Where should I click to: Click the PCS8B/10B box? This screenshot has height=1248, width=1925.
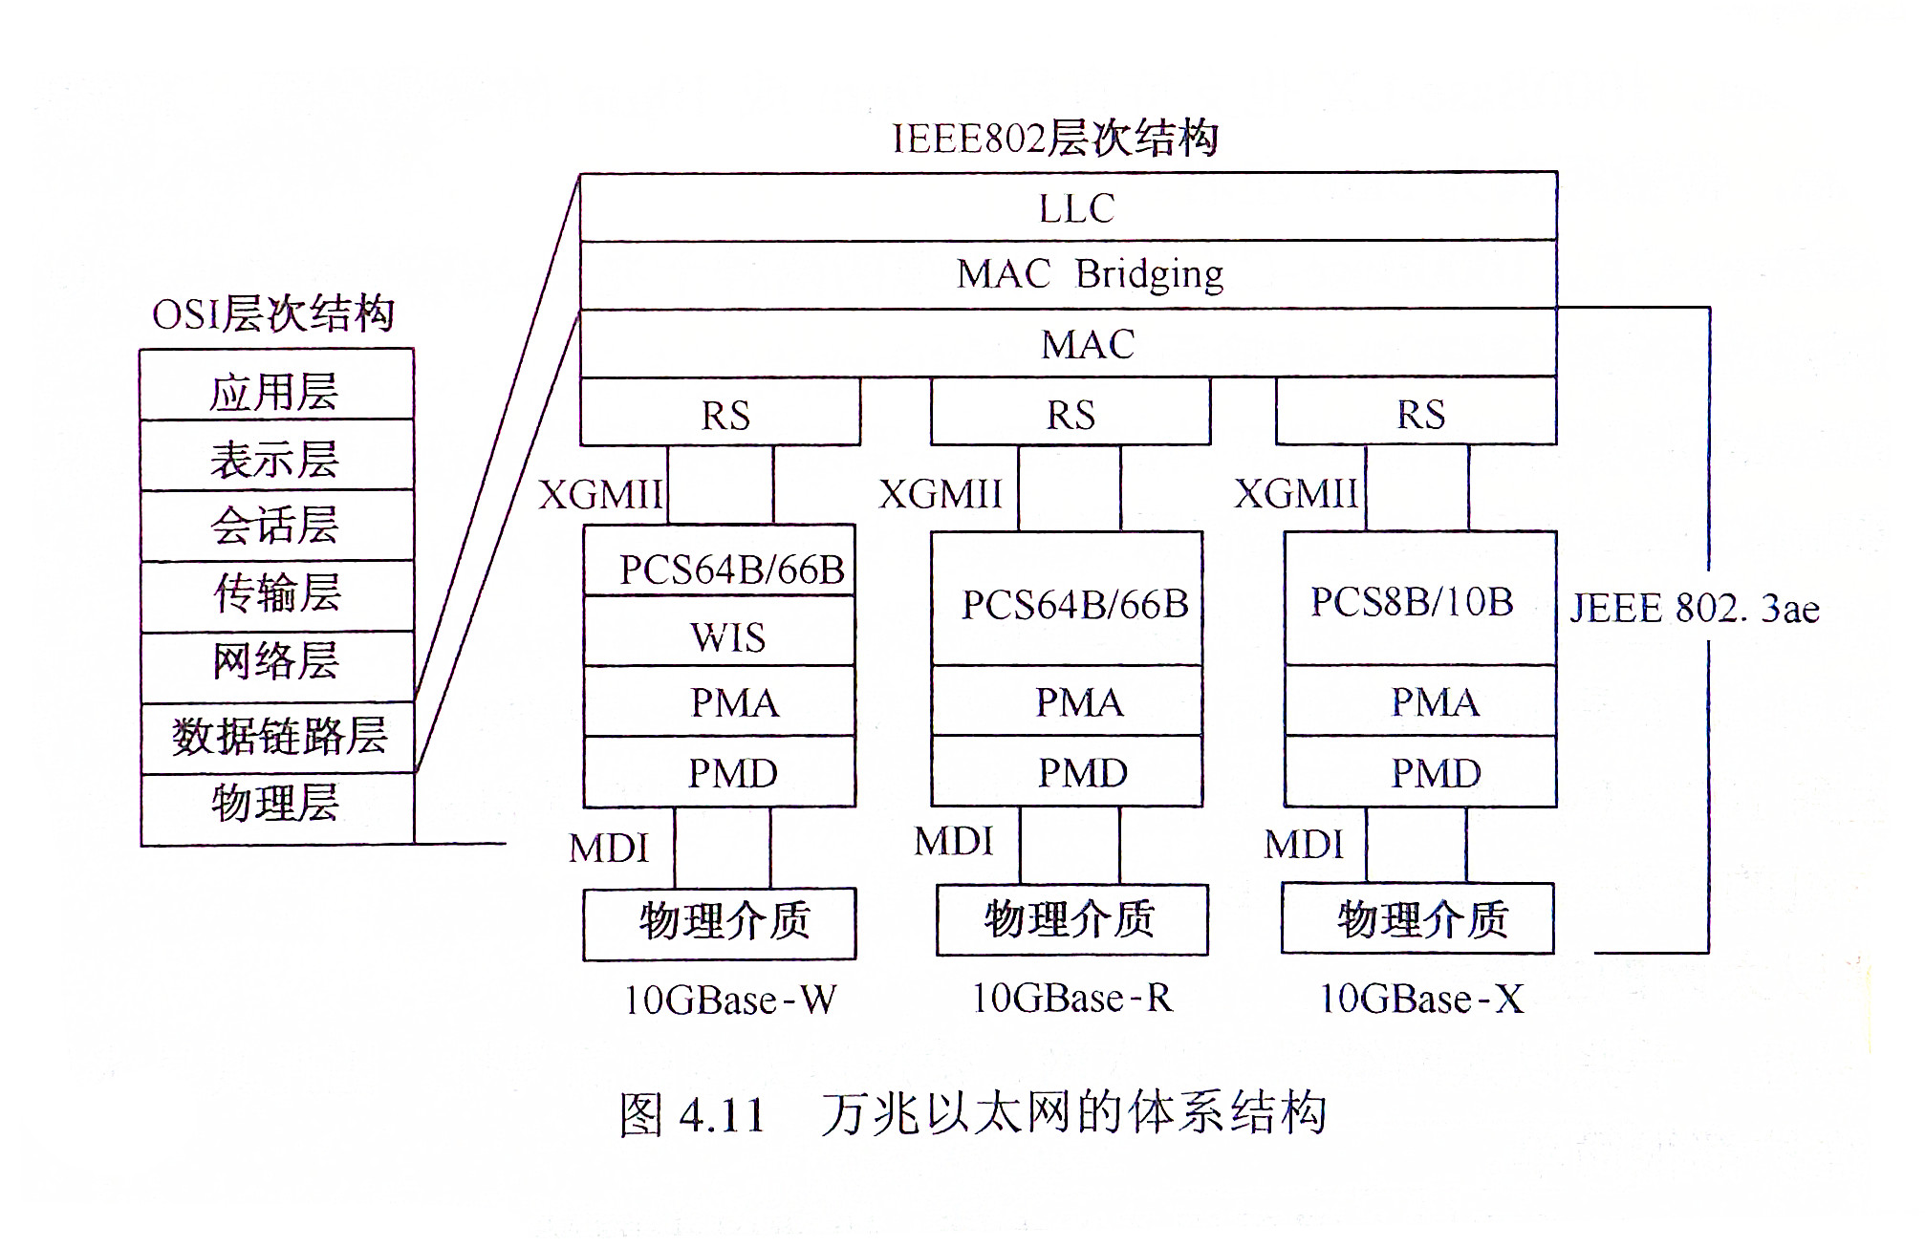[1419, 599]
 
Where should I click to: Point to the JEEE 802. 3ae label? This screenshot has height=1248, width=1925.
[1694, 609]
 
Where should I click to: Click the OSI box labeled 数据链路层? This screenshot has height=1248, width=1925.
[278, 737]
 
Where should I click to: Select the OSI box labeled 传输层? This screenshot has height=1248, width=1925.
[276, 594]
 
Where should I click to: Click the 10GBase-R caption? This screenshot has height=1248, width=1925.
[1071, 999]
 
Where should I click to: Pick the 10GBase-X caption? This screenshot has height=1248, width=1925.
[1420, 1000]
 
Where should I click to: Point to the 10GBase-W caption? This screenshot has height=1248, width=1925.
[730, 1001]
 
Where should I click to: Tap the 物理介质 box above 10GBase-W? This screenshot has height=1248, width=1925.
[720, 923]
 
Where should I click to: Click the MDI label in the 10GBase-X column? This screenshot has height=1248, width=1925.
[1304, 845]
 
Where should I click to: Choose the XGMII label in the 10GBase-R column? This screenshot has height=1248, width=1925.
[941, 494]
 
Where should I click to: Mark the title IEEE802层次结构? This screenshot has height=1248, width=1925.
[1055, 139]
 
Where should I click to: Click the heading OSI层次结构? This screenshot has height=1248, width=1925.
[273, 314]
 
